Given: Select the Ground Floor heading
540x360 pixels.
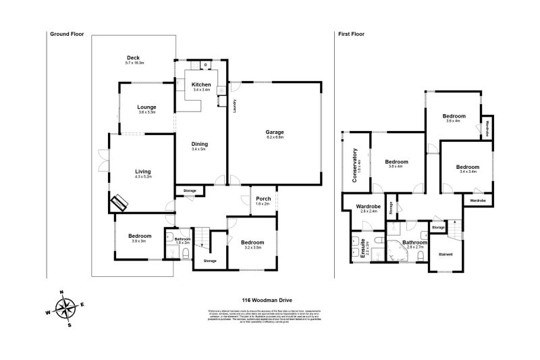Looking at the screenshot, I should coord(67,33).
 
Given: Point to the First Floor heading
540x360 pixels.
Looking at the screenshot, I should coord(352,33).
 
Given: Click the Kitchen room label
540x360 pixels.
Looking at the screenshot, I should coord(201,84).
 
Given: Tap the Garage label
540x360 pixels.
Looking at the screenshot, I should coord(275,132).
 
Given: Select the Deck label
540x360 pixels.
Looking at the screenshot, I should coord(133,58).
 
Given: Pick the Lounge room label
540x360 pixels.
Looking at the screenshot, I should coord(146,107).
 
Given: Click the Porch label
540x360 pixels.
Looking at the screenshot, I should coord(263,199).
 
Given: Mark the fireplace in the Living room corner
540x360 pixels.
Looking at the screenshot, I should coord(119,201).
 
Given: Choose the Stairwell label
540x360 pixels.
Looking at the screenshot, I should coord(446,255).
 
